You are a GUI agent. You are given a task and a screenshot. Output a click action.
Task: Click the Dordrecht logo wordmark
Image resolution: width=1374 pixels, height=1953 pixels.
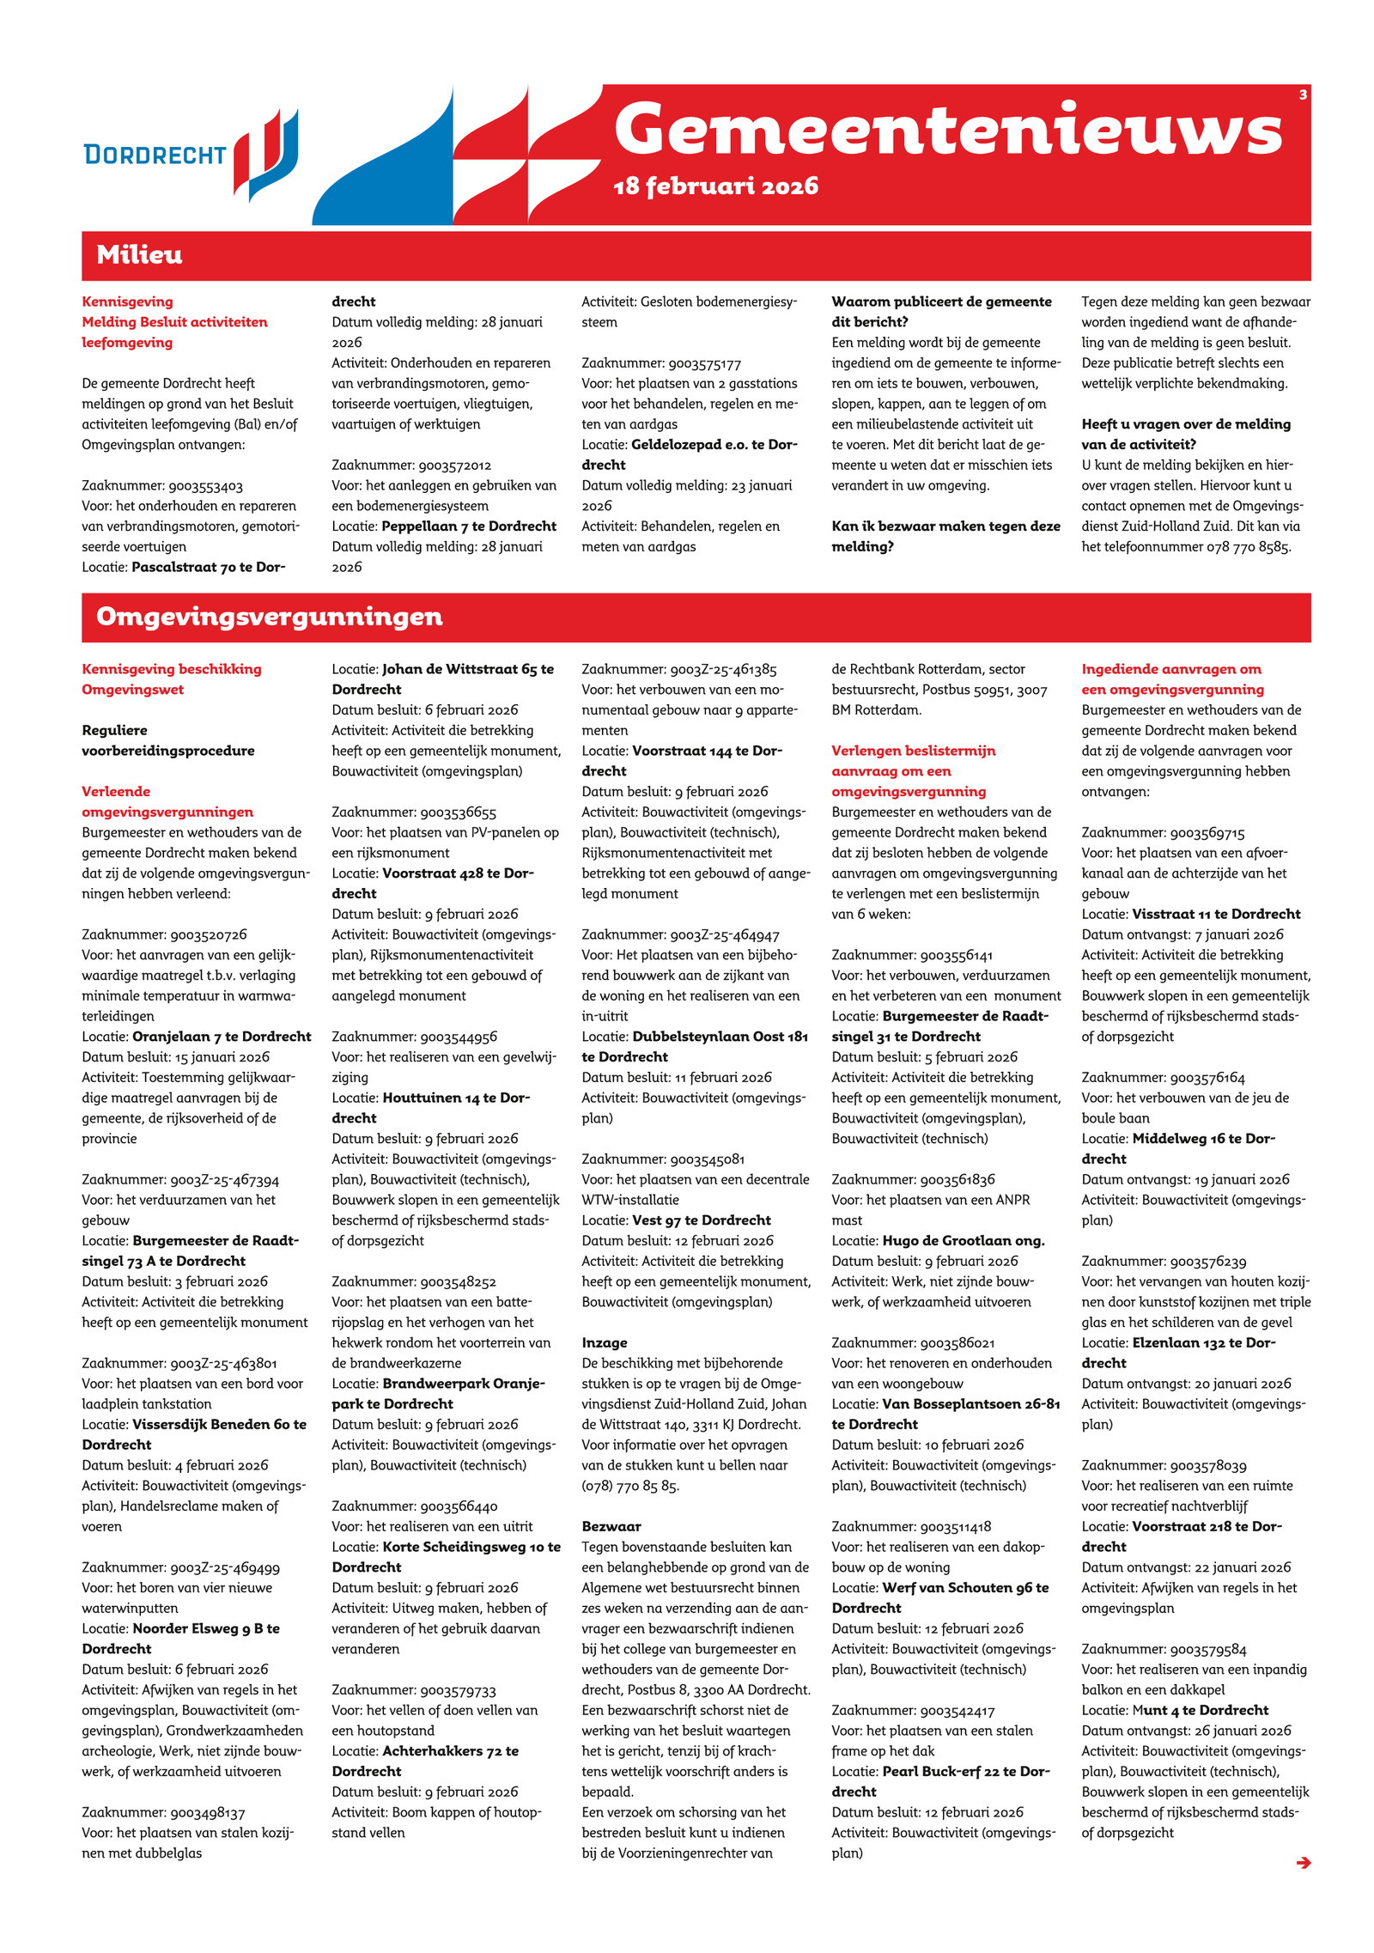(x=155, y=155)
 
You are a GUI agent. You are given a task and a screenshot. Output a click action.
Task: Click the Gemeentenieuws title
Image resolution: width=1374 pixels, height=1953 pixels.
(x=947, y=131)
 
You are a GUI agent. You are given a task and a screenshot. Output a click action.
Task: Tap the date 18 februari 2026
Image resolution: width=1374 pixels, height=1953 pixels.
(x=715, y=186)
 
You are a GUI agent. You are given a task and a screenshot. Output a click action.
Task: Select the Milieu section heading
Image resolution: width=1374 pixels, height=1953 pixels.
(x=139, y=255)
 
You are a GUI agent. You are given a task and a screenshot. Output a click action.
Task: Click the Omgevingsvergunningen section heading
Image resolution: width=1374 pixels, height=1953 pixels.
(x=269, y=617)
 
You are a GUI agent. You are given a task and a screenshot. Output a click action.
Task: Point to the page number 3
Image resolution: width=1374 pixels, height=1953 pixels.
(x=1302, y=94)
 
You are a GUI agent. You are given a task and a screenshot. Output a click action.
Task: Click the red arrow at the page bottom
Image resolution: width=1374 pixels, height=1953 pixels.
(x=1303, y=1862)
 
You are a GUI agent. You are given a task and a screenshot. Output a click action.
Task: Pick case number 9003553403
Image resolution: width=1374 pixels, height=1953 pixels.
(x=205, y=486)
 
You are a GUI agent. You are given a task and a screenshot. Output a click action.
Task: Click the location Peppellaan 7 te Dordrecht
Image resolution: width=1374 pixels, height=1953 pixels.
(x=469, y=526)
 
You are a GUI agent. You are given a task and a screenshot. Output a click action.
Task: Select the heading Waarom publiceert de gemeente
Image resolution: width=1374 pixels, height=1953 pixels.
(x=941, y=301)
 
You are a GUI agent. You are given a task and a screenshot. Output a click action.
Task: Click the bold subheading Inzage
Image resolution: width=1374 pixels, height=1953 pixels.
(x=605, y=1342)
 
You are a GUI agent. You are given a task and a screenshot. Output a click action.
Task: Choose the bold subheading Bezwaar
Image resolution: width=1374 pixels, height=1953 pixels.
(x=611, y=1526)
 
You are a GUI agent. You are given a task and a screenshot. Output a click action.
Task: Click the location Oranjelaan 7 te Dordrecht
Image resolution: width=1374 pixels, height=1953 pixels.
(x=222, y=1037)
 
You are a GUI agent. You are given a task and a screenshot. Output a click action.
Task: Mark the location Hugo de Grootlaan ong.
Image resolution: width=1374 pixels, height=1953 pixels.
(x=963, y=1240)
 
